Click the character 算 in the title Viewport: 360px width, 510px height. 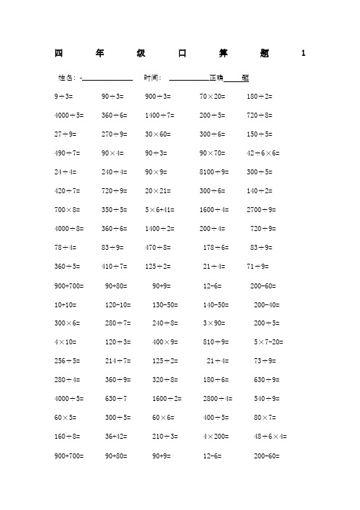[222, 52]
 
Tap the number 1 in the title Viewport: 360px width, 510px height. [303, 52]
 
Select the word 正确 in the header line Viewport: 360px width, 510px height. [216, 77]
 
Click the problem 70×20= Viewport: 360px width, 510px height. [212, 96]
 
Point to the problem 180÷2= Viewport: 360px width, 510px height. [259, 96]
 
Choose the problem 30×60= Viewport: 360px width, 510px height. [157, 134]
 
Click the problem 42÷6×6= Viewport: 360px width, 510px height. [263, 153]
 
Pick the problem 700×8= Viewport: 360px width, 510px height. [67, 210]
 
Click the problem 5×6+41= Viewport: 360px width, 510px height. [160, 210]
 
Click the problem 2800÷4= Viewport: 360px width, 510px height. [218, 399]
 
